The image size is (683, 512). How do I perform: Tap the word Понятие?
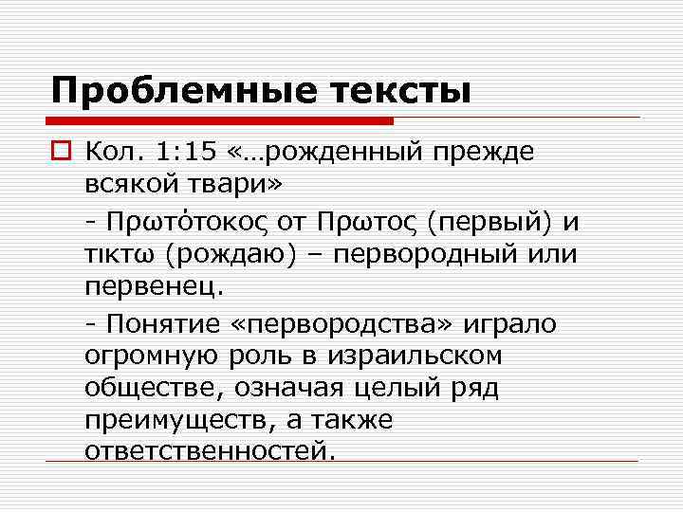162,324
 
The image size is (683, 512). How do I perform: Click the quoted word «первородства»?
345,324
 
